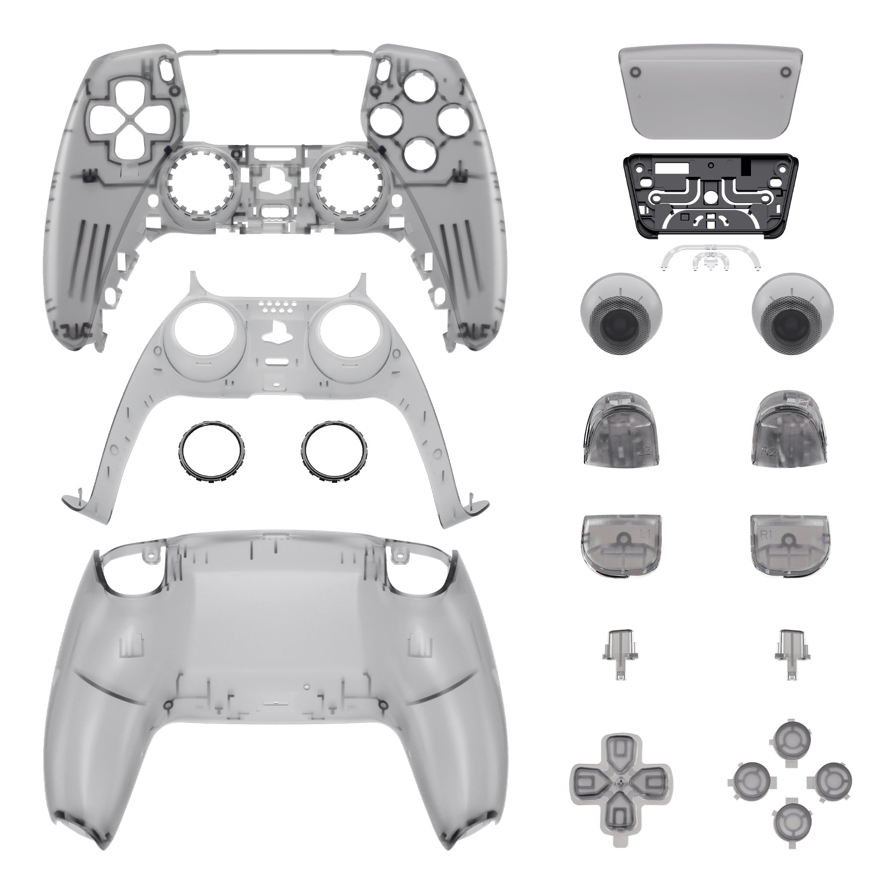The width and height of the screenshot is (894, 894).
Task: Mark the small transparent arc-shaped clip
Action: click(710, 261)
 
